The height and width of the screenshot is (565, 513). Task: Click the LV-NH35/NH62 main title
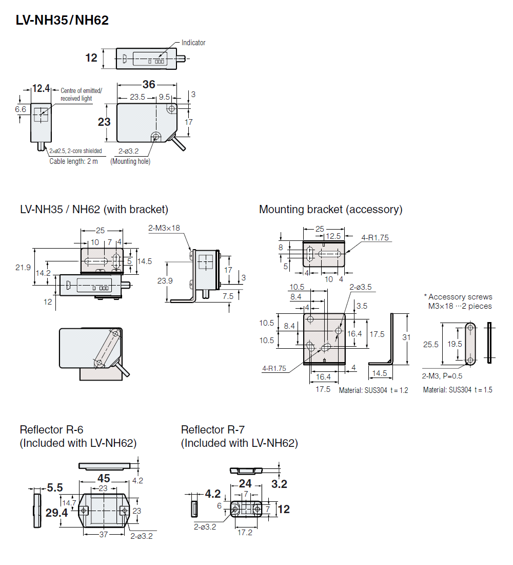coord(62,21)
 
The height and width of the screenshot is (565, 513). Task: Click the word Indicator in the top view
coord(193,43)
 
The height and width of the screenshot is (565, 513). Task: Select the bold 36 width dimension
coord(148,85)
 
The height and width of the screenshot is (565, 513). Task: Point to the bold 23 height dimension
coord(104,122)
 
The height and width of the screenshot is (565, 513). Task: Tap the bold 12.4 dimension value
coord(41,89)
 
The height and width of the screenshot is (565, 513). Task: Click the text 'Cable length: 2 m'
coord(73,161)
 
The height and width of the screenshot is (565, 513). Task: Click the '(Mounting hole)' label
coord(130,161)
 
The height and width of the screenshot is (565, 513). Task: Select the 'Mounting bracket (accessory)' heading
coord(330,210)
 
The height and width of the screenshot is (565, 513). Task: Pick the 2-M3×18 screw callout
coord(164,228)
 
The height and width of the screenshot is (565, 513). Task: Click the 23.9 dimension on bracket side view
coord(164,281)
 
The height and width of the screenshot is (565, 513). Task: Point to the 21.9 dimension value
coord(23,268)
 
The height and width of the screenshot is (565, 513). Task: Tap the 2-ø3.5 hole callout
coord(360,287)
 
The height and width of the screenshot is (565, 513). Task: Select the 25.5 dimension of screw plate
coord(431,344)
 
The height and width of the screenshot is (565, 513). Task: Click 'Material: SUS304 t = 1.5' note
coord(458,390)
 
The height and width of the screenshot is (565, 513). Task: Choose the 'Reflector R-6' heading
coord(51,429)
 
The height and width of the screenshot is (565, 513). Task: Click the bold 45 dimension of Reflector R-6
coord(103,478)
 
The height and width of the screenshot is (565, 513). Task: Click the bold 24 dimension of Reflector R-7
coord(246,483)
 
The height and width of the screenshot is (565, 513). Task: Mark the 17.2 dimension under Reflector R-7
coord(246,533)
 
